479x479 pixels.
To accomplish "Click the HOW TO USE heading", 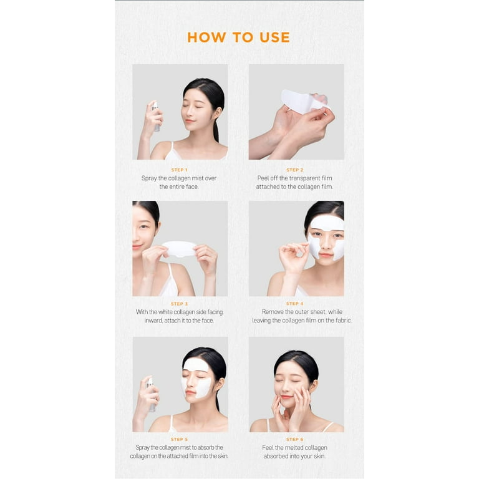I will [x=238, y=37].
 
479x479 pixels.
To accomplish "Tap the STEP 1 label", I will [x=179, y=170].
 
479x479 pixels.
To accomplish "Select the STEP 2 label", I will [x=295, y=170].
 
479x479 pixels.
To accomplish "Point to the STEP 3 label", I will [x=179, y=304].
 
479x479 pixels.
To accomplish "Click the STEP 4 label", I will [x=295, y=304].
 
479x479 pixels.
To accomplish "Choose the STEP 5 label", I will [x=179, y=440].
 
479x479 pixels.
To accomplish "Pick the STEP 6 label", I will [x=295, y=440].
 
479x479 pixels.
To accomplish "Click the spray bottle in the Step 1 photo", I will [x=155, y=116].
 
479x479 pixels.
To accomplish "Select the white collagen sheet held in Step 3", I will [x=179, y=248].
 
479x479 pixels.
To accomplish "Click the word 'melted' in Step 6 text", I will [x=291, y=448].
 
